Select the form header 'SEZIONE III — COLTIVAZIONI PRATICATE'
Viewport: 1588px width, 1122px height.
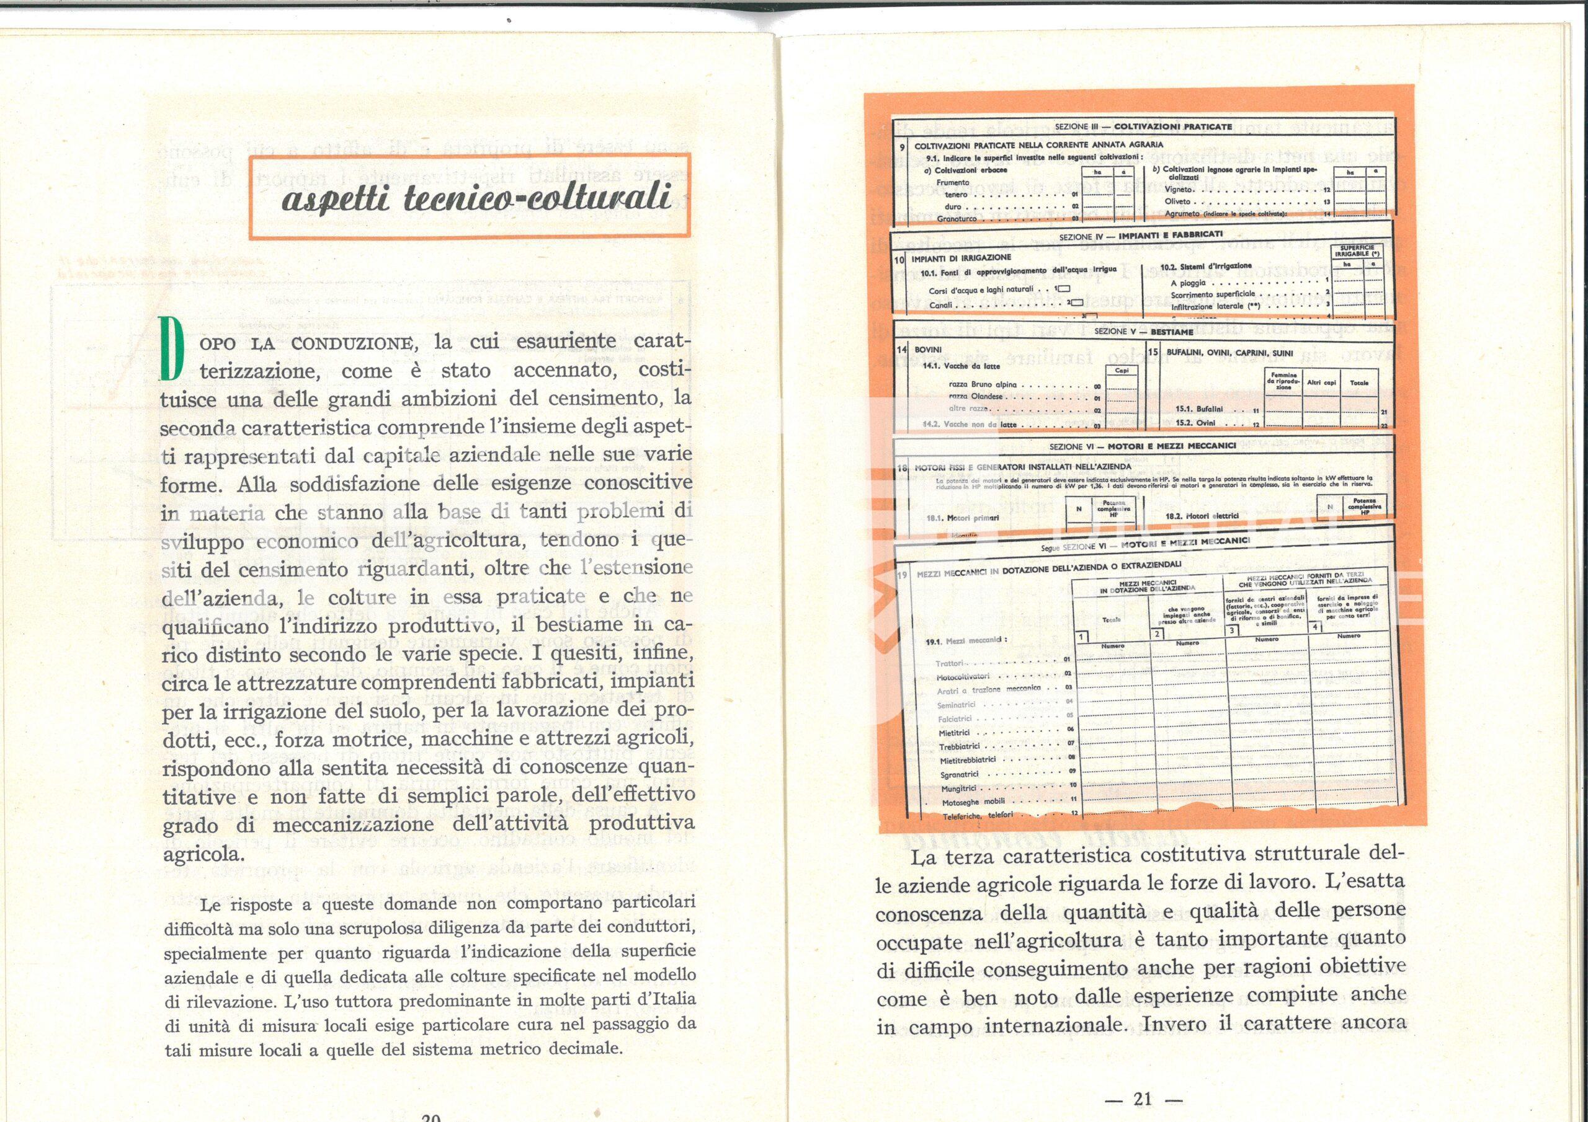(1143, 127)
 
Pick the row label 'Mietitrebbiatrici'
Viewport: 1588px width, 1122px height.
(968, 761)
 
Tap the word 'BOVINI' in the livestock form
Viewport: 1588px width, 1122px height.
(927, 350)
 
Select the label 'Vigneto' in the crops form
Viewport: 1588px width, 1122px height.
(1178, 188)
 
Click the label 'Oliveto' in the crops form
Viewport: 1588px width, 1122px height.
(1177, 201)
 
